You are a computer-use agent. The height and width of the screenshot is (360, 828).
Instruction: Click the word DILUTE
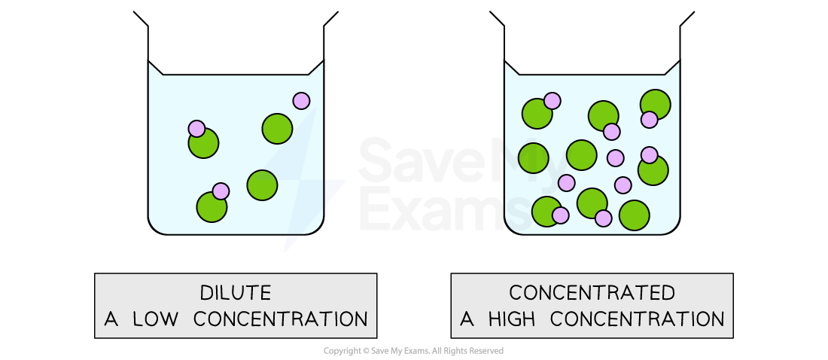click(x=235, y=293)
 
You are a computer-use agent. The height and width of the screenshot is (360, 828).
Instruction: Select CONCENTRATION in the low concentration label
click(x=281, y=319)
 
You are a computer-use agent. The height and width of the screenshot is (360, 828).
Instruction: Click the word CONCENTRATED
click(x=592, y=293)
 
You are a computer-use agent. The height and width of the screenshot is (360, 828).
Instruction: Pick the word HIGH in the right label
click(x=512, y=319)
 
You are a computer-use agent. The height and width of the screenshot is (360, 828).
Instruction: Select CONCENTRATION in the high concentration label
click(x=637, y=319)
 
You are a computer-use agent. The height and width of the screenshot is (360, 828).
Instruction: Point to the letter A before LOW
click(x=111, y=319)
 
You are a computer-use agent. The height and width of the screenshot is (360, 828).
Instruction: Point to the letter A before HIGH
click(x=467, y=319)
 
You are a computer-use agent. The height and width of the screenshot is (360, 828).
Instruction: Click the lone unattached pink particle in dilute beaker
click(x=301, y=101)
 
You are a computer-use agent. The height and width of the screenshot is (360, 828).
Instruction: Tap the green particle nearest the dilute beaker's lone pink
click(x=277, y=129)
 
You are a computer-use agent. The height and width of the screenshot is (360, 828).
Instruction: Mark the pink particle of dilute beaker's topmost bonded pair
click(x=196, y=129)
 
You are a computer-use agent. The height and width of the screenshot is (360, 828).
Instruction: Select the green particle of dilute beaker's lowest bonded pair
click(x=212, y=207)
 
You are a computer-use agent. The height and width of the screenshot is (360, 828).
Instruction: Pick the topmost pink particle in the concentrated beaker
click(x=552, y=101)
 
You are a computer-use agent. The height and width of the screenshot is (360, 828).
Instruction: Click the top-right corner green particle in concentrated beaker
click(x=656, y=104)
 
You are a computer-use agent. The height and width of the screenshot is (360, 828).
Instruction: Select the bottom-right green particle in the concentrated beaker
click(x=635, y=215)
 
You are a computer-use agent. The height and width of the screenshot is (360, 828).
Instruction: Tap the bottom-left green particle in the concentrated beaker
click(x=546, y=212)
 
